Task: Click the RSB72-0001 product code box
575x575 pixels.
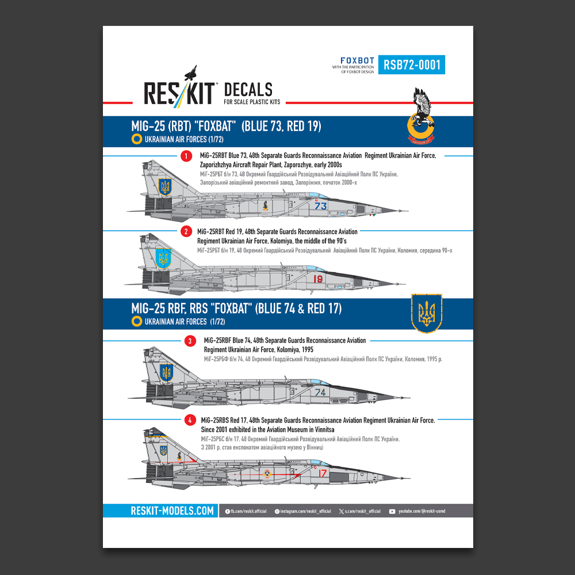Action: [x=412, y=64]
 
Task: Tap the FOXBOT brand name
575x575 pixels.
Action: [x=357, y=60]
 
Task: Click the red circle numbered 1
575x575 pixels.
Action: [x=185, y=156]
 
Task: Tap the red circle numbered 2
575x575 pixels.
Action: [x=185, y=232]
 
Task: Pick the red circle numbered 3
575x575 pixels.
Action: [x=190, y=341]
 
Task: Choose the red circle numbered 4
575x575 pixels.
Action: [x=190, y=421]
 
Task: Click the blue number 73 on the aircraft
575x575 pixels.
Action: [x=321, y=206]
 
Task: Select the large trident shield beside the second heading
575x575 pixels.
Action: [x=427, y=313]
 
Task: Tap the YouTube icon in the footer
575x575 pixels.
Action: [x=392, y=511]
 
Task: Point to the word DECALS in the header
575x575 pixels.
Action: [x=247, y=90]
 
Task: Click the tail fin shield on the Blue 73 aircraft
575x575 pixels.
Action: [x=165, y=186]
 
